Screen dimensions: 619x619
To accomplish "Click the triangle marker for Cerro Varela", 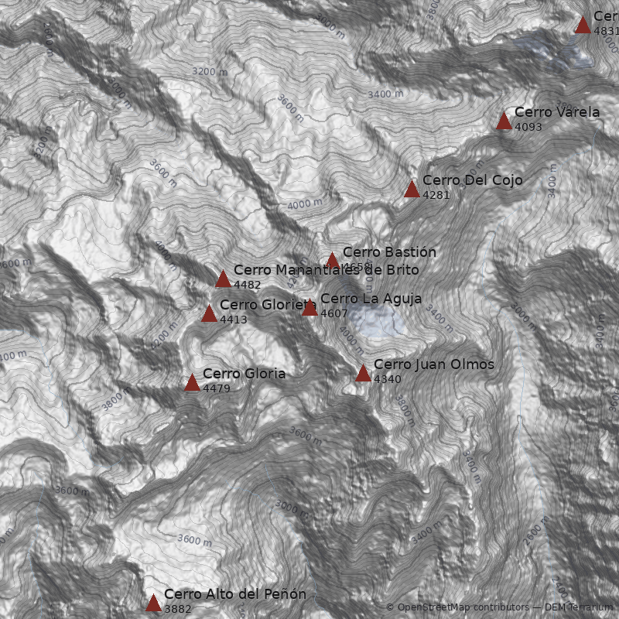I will click(x=504, y=121).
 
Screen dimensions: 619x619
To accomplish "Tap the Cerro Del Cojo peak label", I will click(x=472, y=180).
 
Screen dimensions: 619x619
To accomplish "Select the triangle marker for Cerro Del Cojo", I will click(x=412, y=189).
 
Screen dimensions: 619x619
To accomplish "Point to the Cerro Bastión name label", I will click(x=389, y=252).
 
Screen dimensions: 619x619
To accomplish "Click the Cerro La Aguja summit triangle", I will click(x=309, y=308).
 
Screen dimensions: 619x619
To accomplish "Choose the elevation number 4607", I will click(x=334, y=313).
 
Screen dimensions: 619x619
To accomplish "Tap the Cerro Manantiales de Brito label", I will click(x=326, y=270).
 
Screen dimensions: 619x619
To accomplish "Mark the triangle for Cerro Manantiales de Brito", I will click(x=223, y=279).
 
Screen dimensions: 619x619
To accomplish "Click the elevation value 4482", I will click(x=247, y=285).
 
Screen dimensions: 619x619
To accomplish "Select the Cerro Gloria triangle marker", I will click(x=192, y=382).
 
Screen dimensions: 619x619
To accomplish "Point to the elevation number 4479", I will click(x=217, y=388).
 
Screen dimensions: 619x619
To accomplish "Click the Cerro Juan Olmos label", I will click(x=433, y=364).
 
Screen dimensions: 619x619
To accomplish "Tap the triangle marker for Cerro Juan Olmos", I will click(x=363, y=374).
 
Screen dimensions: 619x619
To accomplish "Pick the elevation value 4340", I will click(x=388, y=379).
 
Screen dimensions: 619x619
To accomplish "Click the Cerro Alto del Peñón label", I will click(x=234, y=594).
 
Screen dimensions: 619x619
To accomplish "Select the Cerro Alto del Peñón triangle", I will click(x=153, y=604).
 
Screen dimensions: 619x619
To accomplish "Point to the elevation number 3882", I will click(x=177, y=609).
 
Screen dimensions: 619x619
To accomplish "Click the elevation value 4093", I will click(x=528, y=127).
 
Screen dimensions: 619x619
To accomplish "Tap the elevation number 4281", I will click(x=436, y=195).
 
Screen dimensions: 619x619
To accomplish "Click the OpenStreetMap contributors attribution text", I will click(x=457, y=607).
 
